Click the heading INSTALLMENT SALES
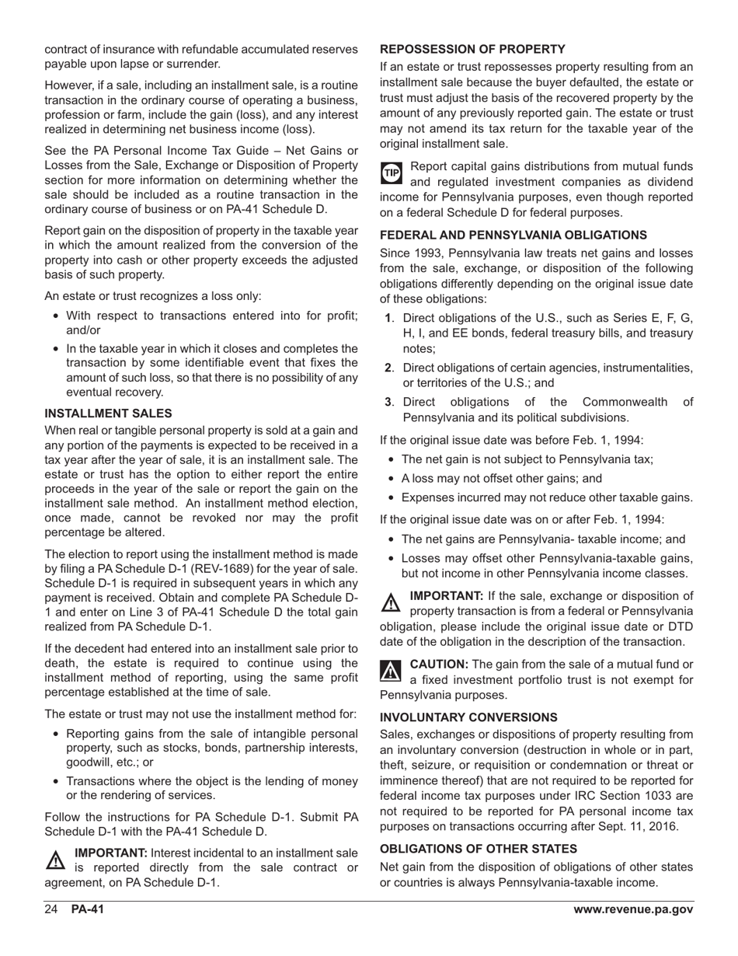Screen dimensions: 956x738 pyautogui.click(x=108, y=413)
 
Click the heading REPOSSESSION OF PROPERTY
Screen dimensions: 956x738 pyautogui.click(x=472, y=48)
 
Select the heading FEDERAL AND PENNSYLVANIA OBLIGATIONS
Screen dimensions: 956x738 pyautogui.click(x=513, y=235)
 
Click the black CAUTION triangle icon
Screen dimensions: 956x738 pyautogui.click(x=391, y=671)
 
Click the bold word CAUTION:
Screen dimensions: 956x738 pyautogui.click(x=438, y=664)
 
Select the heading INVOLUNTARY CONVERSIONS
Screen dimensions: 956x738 pyautogui.click(x=468, y=717)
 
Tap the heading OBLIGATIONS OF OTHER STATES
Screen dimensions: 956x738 pyautogui.click(x=479, y=849)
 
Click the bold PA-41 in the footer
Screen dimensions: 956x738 pyautogui.click(x=87, y=910)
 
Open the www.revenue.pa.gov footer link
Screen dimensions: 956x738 pyautogui.click(x=633, y=910)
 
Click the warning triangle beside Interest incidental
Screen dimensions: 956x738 pyautogui.click(x=56, y=860)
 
